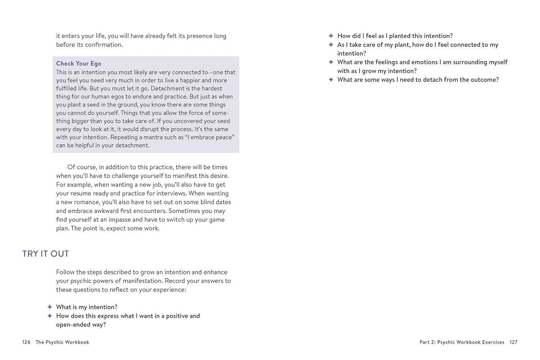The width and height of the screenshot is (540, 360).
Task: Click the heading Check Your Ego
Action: pyautogui.click(x=78, y=63)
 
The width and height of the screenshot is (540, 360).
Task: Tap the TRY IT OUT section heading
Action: pyautogui.click(x=45, y=254)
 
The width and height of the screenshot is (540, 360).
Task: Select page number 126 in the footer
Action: pyautogui.click(x=26, y=342)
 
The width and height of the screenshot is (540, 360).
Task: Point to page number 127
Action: pyautogui.click(x=513, y=342)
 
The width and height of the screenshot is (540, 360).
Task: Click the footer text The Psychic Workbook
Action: pyautogui.click(x=62, y=342)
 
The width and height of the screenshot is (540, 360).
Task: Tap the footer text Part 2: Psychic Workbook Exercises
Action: pyautogui.click(x=462, y=342)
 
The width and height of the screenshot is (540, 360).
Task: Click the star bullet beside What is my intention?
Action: pyautogui.click(x=50, y=307)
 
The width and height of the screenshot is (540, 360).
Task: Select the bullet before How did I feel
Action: pyautogui.click(x=331, y=36)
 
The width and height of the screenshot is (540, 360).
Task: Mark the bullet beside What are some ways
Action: pyautogui.click(x=331, y=80)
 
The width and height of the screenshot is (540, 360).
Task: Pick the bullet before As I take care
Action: pyautogui.click(x=331, y=45)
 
